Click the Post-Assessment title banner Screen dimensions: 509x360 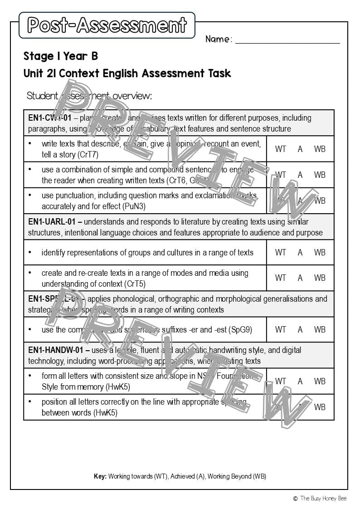click(107, 25)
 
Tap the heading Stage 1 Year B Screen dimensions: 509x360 click(60, 56)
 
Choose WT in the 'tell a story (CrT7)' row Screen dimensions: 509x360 click(281, 149)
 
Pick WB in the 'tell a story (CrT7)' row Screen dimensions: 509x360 click(320, 149)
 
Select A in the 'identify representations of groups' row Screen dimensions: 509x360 click(300, 252)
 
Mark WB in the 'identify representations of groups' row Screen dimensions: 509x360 click(320, 252)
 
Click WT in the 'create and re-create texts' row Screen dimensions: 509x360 click(281, 278)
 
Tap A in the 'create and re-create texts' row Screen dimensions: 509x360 click(300, 278)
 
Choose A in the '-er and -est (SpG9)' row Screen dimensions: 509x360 click(300, 329)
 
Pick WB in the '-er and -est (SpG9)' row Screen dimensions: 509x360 click(320, 329)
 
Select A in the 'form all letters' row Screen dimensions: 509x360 click(300, 381)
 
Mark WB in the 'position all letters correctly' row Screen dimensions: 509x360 click(320, 407)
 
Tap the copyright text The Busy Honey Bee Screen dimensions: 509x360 click(323, 498)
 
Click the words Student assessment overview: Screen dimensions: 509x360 click(89, 96)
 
